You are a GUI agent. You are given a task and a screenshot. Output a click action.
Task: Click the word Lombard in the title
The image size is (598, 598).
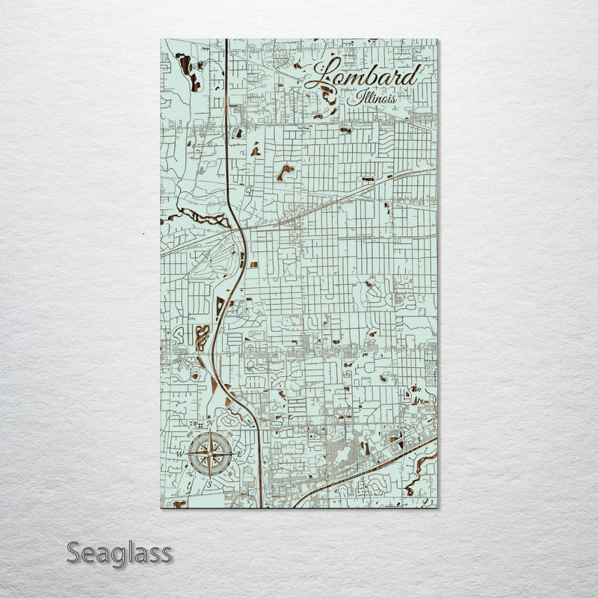[362, 75]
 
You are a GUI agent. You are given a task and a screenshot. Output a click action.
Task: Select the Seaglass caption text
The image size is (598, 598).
[120, 554]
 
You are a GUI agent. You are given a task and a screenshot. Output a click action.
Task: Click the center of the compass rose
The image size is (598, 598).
[210, 454]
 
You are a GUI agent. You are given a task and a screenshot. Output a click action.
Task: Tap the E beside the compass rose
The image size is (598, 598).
[239, 454]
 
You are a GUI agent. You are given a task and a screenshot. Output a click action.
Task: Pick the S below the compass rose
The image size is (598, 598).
[210, 484]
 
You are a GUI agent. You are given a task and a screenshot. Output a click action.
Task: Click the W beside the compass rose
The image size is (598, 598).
[180, 454]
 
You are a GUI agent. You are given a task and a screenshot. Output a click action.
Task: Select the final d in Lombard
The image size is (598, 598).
[410, 75]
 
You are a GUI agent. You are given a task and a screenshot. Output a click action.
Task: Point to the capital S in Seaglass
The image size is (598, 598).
[74, 554]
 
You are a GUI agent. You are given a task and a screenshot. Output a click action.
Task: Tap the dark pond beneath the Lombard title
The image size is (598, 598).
[329, 93]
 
